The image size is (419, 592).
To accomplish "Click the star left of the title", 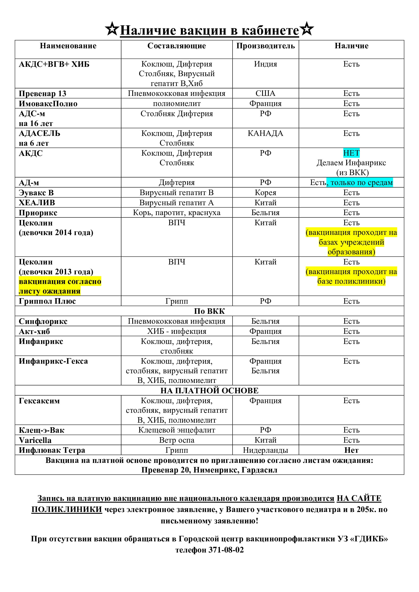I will click(112, 29).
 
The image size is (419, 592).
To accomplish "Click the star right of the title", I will click(307, 29).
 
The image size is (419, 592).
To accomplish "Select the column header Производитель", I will click(265, 46).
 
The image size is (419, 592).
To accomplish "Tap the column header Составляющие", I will click(177, 46).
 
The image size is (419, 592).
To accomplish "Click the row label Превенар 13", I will click(43, 93).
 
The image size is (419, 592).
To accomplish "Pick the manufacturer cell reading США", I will click(265, 93).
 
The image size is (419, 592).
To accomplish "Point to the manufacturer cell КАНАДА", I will click(265, 133).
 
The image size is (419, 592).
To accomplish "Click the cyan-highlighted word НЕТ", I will click(351, 153).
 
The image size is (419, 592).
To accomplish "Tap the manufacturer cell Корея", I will click(265, 193).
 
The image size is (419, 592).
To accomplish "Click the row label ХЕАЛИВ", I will click(37, 203).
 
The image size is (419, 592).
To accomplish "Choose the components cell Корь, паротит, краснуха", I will click(177, 213).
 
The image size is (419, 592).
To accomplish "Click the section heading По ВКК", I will click(209, 311).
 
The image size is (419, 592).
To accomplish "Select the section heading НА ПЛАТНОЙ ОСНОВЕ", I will click(209, 391).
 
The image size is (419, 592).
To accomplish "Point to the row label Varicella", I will click(35, 440).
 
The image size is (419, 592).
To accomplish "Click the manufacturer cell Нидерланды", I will click(265, 450).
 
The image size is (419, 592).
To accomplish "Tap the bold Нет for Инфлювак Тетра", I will click(351, 450).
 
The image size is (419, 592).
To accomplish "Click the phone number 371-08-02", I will click(226, 550).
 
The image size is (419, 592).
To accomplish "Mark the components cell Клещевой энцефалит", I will click(177, 430).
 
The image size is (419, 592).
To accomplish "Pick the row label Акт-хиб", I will click(34, 331).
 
